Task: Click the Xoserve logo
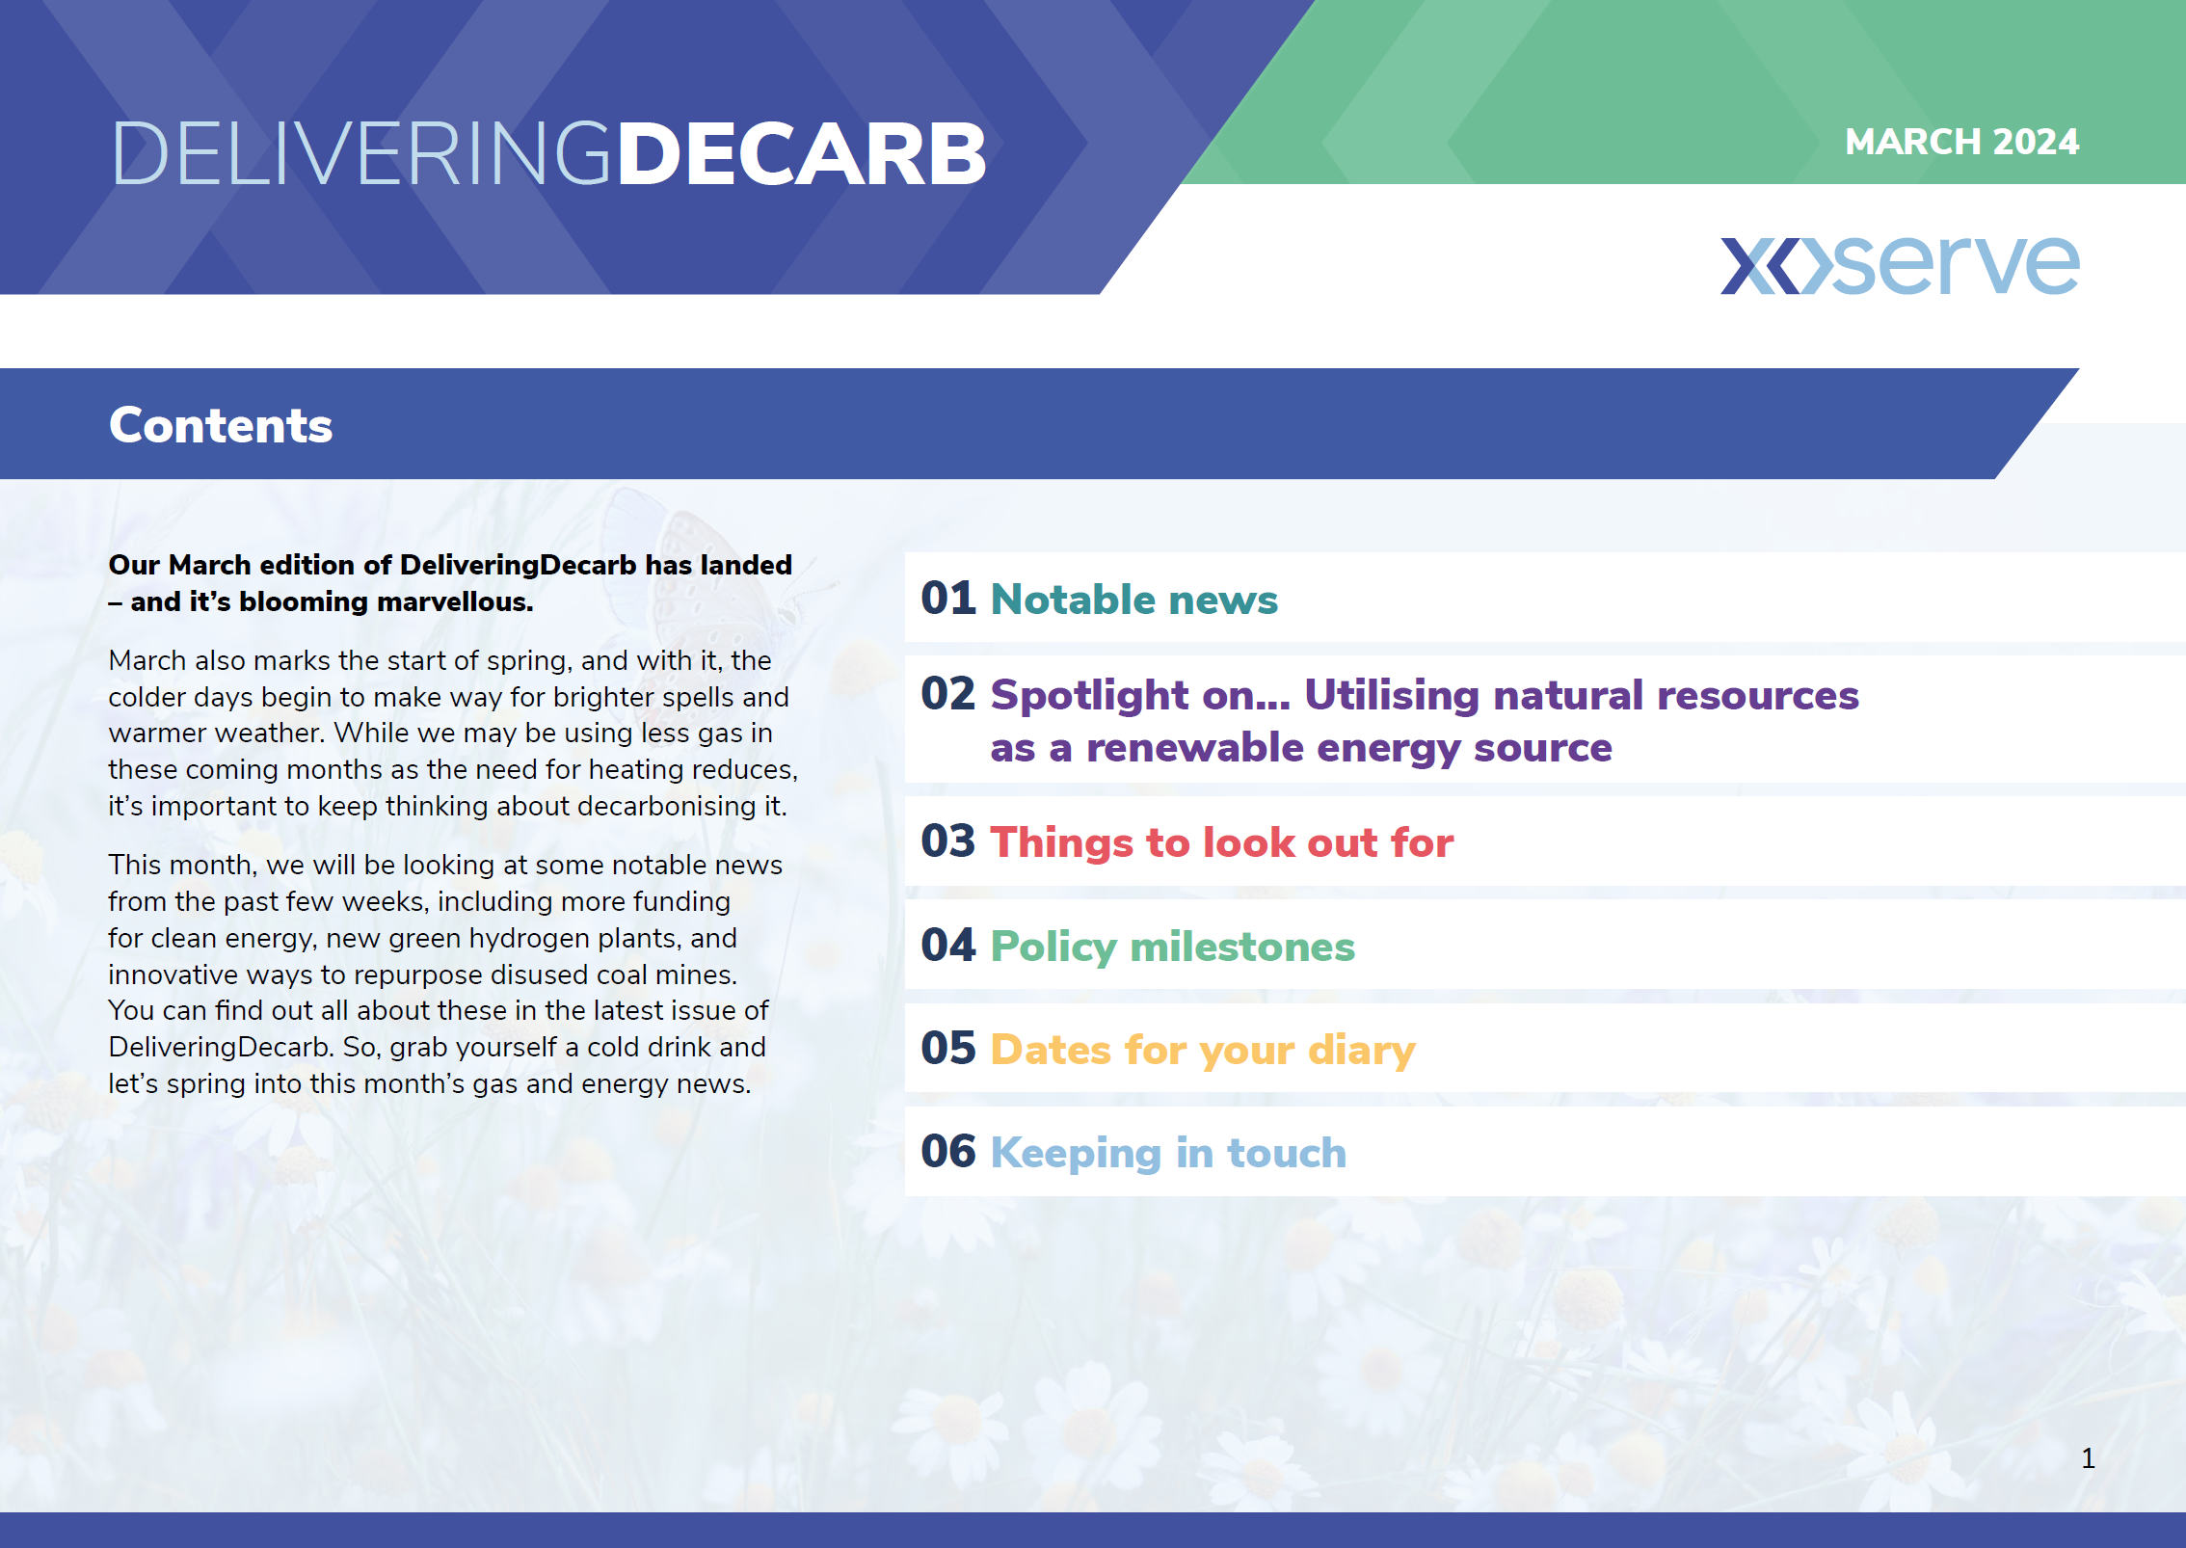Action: [x=1900, y=264]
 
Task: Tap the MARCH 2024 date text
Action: [x=1961, y=142]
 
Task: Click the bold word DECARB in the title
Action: [x=801, y=154]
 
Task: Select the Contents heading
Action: [x=221, y=425]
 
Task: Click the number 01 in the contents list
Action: [x=948, y=599]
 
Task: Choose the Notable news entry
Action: [x=1133, y=600]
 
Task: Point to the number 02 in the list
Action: [x=948, y=694]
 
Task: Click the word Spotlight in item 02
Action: [x=1089, y=696]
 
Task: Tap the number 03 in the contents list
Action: [x=948, y=841]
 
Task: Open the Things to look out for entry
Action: [x=1221, y=842]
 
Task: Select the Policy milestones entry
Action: [x=1172, y=947]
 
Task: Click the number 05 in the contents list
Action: [x=948, y=1048]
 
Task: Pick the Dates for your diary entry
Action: [x=1203, y=1051]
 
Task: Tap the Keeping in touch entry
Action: [x=1168, y=1154]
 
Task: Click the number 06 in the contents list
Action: [x=948, y=1151]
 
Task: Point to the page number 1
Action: [x=2088, y=1458]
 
